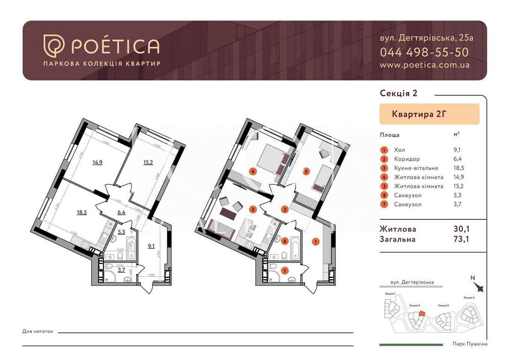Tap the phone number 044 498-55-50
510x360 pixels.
(424, 52)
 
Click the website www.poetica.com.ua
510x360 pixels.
(424, 65)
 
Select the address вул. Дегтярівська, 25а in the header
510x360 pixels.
(426, 38)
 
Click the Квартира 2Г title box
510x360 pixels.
(429, 114)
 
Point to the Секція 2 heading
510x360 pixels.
(398, 93)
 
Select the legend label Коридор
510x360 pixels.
(406, 159)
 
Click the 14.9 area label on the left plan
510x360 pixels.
(97, 163)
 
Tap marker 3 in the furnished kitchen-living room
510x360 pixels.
(252, 209)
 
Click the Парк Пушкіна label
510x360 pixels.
(470, 344)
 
